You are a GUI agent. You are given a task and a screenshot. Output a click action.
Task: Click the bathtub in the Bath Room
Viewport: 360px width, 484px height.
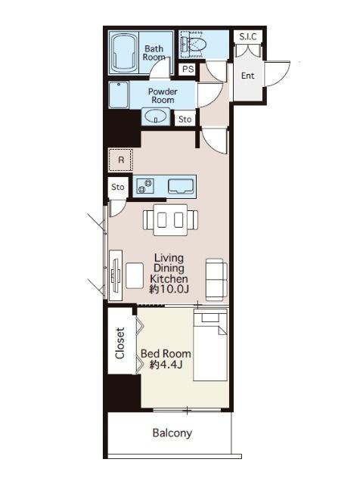click(124, 52)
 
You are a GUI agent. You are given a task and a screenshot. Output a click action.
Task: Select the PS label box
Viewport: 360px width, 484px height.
click(188, 69)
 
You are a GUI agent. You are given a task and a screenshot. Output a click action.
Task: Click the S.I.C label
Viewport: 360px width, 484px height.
click(248, 37)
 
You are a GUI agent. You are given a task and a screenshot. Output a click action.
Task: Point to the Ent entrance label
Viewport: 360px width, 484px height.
click(247, 76)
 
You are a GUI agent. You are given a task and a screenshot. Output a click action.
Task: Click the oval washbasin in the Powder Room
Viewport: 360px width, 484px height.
click(156, 116)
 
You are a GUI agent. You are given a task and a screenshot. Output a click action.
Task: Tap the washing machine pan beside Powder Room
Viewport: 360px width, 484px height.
click(118, 94)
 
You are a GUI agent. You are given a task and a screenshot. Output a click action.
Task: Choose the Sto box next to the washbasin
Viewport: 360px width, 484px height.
click(185, 119)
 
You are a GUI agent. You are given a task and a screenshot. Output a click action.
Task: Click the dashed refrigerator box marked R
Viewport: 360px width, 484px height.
click(121, 160)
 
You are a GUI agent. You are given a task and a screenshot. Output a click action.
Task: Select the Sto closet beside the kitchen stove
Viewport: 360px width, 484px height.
click(118, 187)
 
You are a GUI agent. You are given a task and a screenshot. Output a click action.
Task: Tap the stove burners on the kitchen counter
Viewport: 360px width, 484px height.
click(145, 186)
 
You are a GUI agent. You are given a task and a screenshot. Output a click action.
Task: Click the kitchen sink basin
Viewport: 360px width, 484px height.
click(180, 186)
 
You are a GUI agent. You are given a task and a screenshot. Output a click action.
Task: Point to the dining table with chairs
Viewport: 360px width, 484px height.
click(170, 220)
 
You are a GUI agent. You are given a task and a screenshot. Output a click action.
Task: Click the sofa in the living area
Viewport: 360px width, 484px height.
click(216, 279)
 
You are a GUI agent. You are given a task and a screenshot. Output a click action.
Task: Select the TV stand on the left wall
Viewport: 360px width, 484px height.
click(116, 275)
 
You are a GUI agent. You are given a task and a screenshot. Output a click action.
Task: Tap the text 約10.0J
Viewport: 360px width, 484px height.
click(169, 289)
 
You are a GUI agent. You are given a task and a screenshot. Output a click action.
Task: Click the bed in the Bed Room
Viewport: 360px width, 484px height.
click(210, 345)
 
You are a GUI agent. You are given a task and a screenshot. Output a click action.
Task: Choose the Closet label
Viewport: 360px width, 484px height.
click(119, 343)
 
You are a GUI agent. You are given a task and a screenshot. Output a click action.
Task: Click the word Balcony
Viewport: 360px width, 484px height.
click(172, 433)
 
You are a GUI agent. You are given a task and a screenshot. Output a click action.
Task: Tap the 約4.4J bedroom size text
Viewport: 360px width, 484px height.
click(166, 365)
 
